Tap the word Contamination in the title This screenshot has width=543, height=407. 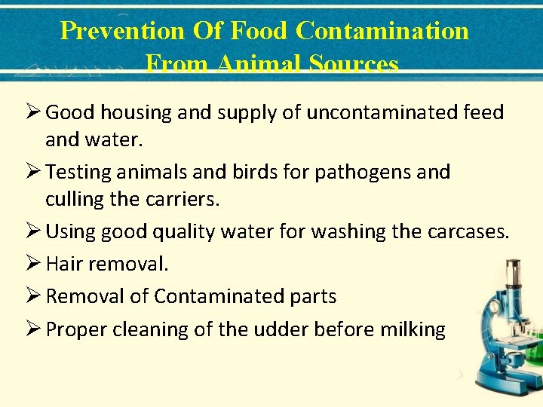point(382,31)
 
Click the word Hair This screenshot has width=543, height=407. point(64,264)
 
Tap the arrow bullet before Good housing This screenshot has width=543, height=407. point(31,112)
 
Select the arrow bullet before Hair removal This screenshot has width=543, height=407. point(31,264)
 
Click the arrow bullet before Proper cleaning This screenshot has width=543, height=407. point(31,329)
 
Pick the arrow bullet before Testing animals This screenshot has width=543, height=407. point(31,172)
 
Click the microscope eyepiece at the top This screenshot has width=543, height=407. point(513,267)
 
